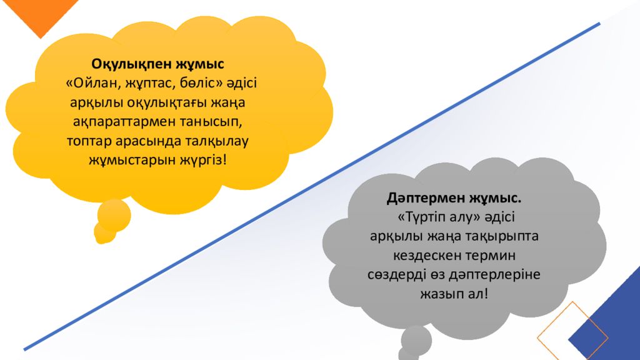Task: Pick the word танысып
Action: click(x=211, y=122)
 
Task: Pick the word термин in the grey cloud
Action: click(x=491, y=256)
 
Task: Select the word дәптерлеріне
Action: click(x=494, y=275)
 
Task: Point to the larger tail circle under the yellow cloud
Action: click(x=114, y=215)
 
